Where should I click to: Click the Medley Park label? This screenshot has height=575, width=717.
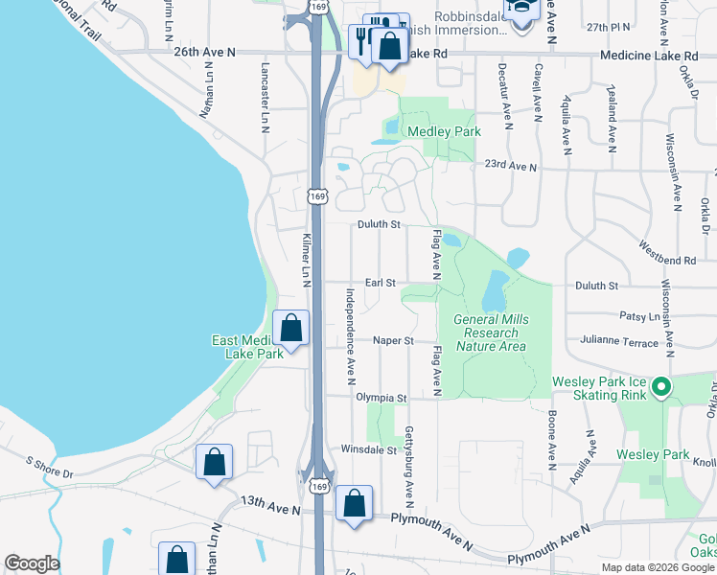click(x=444, y=131)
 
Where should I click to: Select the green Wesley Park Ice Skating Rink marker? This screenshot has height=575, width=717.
click(x=659, y=388)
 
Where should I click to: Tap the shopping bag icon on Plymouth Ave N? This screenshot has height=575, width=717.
click(x=354, y=504)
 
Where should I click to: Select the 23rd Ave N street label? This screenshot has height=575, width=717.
click(x=511, y=167)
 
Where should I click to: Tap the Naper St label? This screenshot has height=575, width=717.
click(x=393, y=340)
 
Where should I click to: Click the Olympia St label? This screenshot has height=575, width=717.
click(x=382, y=397)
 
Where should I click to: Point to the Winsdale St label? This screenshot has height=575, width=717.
click(x=369, y=449)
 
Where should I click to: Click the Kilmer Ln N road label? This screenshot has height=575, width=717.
click(x=307, y=258)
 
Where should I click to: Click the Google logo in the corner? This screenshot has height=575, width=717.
click(x=32, y=563)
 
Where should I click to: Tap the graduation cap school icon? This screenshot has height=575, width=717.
click(x=522, y=11)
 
